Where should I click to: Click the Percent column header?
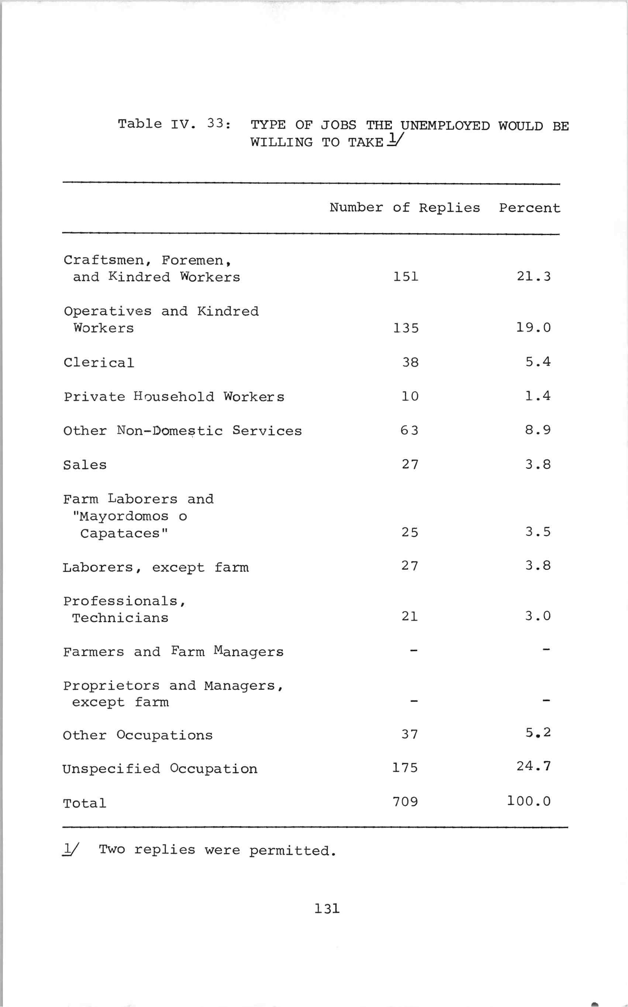tap(529, 208)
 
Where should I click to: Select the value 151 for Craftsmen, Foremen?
tap(406, 277)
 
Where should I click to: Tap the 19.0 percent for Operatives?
tap(533, 327)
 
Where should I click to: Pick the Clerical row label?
tap(99, 362)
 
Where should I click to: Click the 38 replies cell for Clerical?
tap(410, 362)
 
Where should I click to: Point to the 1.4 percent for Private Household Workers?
tap(538, 396)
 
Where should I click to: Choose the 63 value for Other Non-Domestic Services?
tap(409, 430)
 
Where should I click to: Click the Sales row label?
tap(85, 465)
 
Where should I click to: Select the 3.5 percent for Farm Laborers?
tap(538, 532)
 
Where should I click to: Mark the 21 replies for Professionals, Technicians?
tap(409, 617)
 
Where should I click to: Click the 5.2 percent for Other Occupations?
tap(538, 733)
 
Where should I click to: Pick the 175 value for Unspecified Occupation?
tap(405, 767)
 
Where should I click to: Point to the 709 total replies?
tap(405, 802)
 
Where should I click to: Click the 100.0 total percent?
tap(529, 801)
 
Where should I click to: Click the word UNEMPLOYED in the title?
tap(445, 125)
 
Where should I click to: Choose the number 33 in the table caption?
tap(215, 123)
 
